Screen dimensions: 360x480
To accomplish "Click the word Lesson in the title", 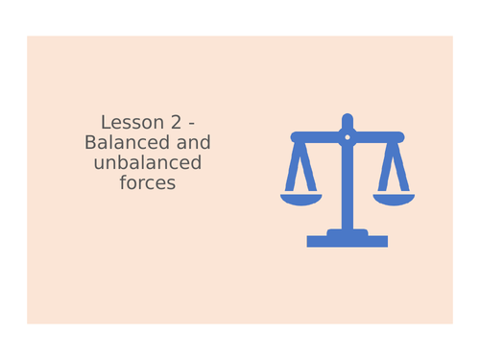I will (x=126, y=123).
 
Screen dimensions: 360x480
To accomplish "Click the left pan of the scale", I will (x=300, y=199).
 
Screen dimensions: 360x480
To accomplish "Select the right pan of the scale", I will (x=393, y=199).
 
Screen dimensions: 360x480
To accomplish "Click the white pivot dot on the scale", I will (x=347, y=137).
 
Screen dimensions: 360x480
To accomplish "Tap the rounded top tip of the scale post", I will (x=347, y=119).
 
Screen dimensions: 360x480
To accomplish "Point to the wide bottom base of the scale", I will (x=347, y=242).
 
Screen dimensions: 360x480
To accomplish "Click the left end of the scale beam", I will (x=295, y=136).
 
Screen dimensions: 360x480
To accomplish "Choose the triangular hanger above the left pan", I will (x=300, y=168).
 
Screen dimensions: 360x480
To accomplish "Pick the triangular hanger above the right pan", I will (x=393, y=168).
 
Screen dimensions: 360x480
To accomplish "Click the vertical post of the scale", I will (x=347, y=187).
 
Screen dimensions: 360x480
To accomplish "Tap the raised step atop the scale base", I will (x=347, y=231).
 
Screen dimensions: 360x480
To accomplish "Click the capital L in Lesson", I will (x=105, y=123).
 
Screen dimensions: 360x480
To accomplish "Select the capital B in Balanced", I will (x=91, y=142).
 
